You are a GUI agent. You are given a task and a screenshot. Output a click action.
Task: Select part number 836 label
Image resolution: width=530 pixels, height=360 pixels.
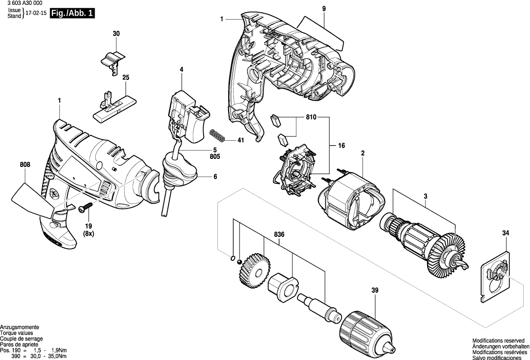(x=279, y=234)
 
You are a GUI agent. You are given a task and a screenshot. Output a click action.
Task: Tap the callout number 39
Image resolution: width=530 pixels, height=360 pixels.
(x=375, y=291)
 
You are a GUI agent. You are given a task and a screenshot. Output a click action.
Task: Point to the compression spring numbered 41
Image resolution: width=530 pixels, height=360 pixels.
(x=217, y=135)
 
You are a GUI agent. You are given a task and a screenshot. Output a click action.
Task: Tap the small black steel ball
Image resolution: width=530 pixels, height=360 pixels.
(x=239, y=262)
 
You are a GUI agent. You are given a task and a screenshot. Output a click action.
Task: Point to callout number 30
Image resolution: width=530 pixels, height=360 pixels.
(x=116, y=34)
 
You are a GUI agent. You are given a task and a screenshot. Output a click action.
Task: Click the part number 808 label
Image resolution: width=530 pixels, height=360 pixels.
(x=25, y=165)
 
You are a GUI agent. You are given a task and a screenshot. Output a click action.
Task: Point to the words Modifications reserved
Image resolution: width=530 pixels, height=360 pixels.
(x=497, y=340)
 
